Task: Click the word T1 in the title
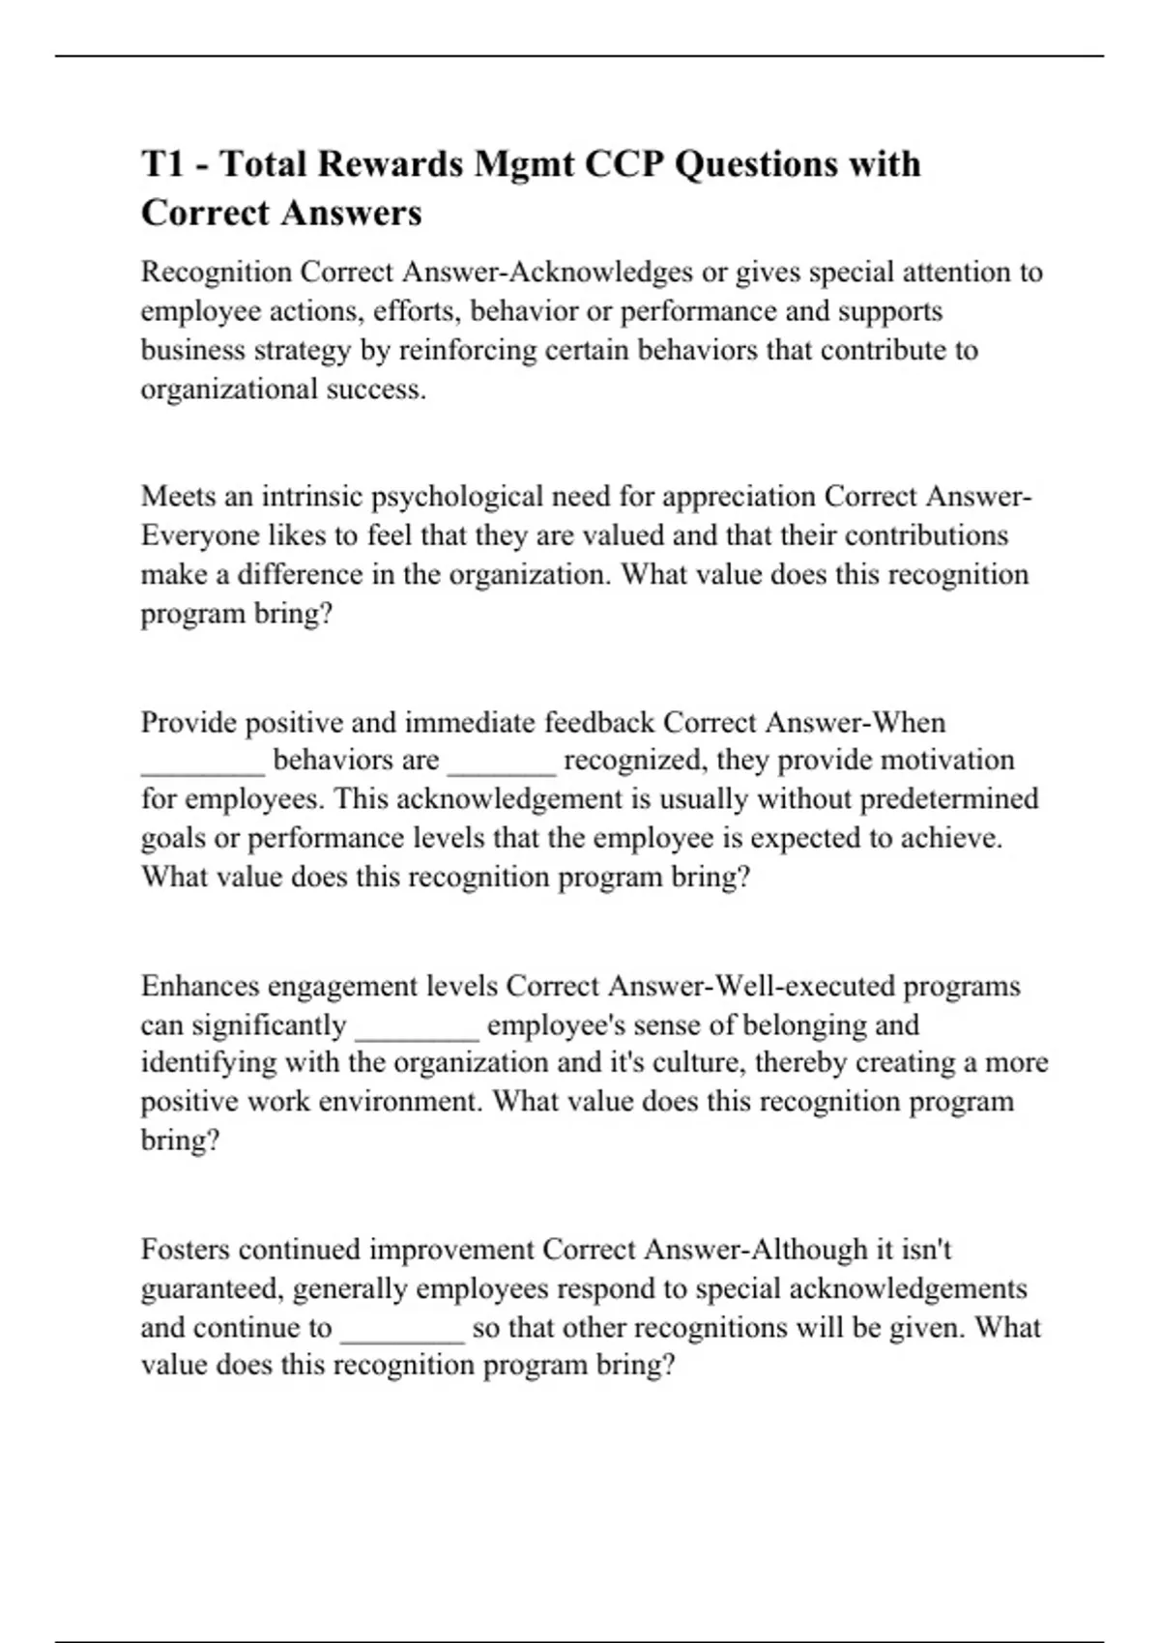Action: pyautogui.click(x=164, y=164)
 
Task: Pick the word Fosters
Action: pyautogui.click(x=186, y=1250)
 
